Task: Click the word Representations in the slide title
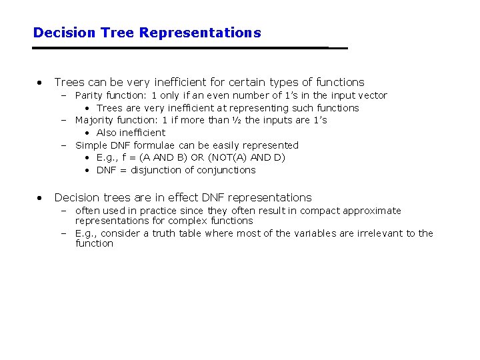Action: tap(200, 33)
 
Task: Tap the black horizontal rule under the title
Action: tap(190, 48)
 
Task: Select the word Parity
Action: tap(89, 95)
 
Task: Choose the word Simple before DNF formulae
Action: tap(90, 145)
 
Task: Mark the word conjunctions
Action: tap(226, 170)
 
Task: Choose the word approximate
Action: tap(373, 211)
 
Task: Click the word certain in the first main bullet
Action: tap(246, 83)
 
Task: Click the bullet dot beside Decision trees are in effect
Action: tap(41, 197)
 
